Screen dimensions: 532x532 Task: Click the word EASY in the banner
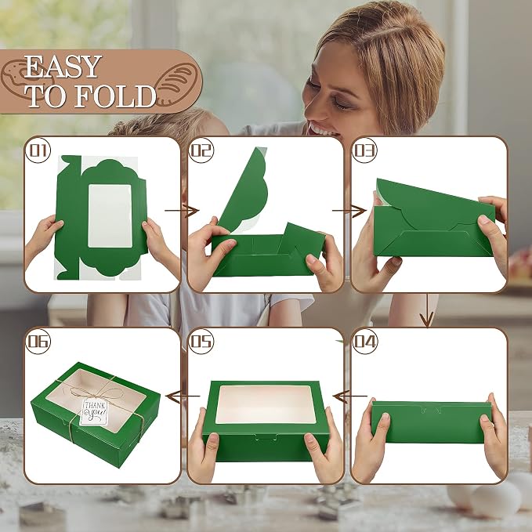tap(63, 67)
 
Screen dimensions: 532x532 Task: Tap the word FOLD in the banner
tap(115, 96)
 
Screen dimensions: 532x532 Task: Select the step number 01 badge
tap(38, 150)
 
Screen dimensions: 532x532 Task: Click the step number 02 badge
tap(201, 150)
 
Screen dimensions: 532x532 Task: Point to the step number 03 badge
tap(365, 150)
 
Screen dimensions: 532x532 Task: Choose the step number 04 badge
tap(365, 342)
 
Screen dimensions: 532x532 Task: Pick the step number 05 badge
tap(201, 342)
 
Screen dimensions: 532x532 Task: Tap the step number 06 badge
tap(38, 342)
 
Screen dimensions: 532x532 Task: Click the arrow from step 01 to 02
tap(182, 211)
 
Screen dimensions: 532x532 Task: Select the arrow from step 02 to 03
tap(349, 211)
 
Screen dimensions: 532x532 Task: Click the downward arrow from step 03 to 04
tap(427, 310)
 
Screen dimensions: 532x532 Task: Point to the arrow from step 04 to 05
tap(350, 396)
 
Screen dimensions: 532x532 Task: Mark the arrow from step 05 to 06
tap(183, 396)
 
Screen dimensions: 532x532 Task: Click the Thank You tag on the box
tap(94, 412)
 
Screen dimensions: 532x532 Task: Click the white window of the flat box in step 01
tap(110, 215)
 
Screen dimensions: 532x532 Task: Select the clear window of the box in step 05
tap(266, 404)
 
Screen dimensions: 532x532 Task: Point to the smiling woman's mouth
tap(319, 128)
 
